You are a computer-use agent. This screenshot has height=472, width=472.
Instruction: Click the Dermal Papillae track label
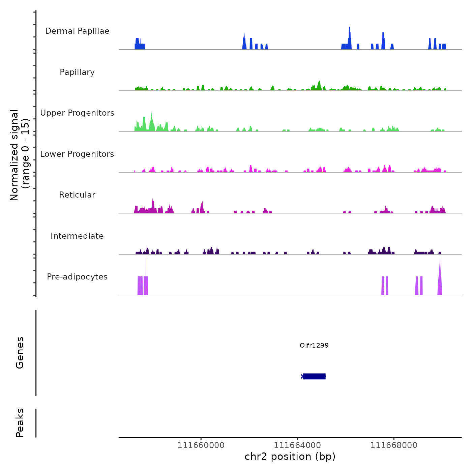tap(77, 31)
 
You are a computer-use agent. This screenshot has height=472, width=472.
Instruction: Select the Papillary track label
tap(77, 72)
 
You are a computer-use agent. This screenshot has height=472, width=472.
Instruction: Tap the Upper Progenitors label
tap(77, 113)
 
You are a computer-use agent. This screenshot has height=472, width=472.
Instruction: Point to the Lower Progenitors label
tap(77, 154)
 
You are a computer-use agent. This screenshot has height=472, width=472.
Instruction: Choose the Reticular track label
tap(77, 195)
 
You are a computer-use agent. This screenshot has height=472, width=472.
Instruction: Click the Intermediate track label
tap(77, 236)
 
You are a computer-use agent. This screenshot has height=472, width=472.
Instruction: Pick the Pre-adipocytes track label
tap(77, 277)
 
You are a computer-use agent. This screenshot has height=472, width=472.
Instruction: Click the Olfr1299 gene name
tap(314, 345)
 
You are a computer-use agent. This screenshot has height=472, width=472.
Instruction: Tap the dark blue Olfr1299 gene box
tap(314, 376)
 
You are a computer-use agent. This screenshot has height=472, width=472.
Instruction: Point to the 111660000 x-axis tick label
tap(201, 445)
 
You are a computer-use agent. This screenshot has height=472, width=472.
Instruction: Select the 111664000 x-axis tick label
tap(297, 445)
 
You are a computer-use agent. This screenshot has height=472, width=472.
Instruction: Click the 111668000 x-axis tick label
tap(394, 445)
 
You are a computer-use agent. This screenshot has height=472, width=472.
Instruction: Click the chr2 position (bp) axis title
tap(290, 457)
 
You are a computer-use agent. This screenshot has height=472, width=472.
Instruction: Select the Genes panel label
tap(20, 353)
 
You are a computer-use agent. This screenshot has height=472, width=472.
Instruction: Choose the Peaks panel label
tap(20, 423)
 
